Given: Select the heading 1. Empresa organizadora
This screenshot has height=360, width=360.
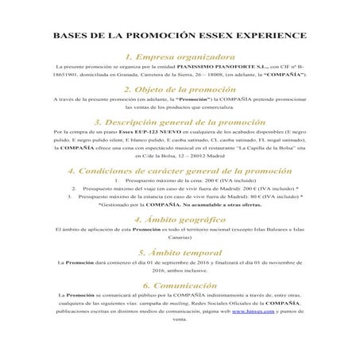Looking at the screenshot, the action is pos(180,57).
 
